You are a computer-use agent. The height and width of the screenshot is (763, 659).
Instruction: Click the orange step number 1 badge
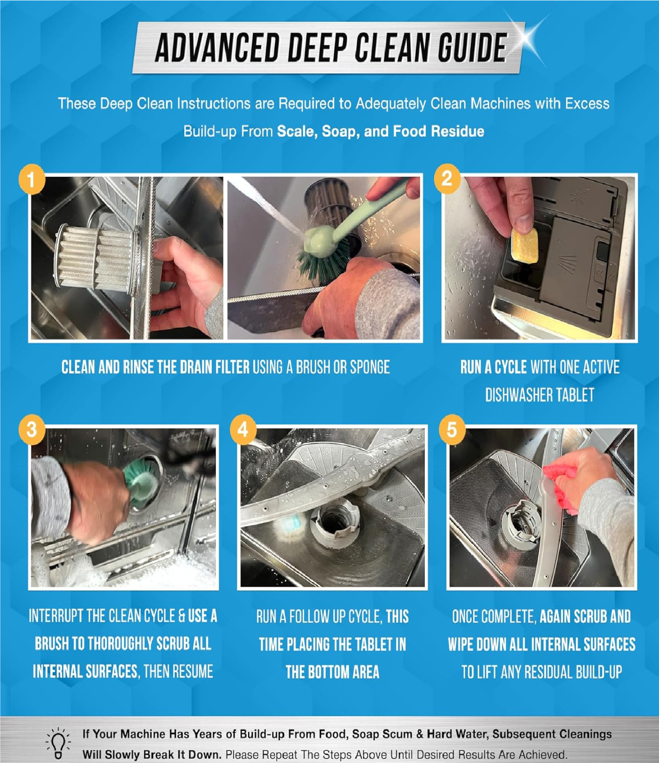tap(32, 179)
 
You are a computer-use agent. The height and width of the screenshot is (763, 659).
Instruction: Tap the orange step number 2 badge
tap(447, 178)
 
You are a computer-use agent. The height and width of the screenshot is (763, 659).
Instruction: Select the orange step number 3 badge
tap(32, 429)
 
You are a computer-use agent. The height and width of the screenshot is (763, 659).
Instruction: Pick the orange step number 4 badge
tap(243, 429)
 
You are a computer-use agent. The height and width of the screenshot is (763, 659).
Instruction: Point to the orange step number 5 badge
tap(452, 429)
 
